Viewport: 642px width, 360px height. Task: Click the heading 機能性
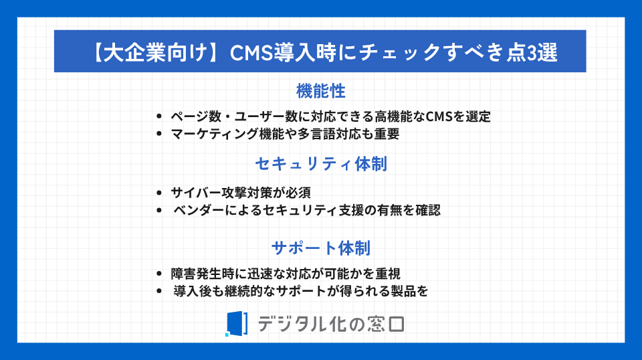click(x=320, y=91)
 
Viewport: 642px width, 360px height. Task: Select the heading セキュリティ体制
click(x=321, y=164)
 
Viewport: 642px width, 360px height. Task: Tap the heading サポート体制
click(x=321, y=248)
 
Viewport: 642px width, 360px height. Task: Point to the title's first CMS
click(x=251, y=53)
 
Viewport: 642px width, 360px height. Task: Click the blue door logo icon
click(x=236, y=324)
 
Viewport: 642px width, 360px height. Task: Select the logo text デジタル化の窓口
click(x=331, y=324)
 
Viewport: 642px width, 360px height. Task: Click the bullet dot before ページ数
click(x=159, y=116)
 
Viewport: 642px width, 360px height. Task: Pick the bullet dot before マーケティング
click(x=159, y=134)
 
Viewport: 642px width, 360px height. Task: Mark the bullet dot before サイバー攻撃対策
click(x=159, y=193)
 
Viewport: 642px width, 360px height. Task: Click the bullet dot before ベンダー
click(x=159, y=211)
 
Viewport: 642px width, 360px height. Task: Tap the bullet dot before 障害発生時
click(x=159, y=274)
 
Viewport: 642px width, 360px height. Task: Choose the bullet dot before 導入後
click(x=159, y=291)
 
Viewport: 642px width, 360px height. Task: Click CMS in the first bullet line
click(x=439, y=116)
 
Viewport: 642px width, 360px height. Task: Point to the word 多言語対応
click(x=323, y=134)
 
